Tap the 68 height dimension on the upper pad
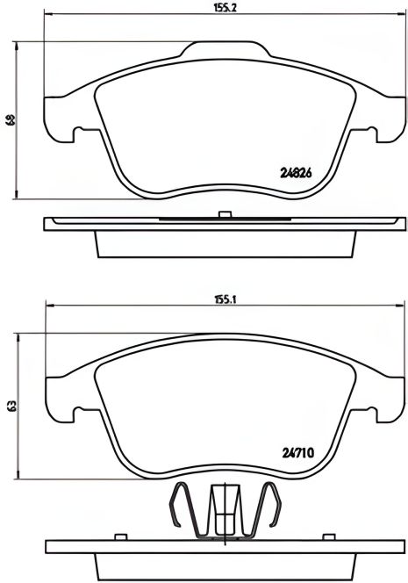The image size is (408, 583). point(11,120)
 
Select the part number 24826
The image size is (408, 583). point(297,174)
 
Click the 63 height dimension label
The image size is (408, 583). point(11,406)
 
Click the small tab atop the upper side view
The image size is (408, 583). point(225,214)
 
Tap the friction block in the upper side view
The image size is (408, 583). point(224,244)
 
